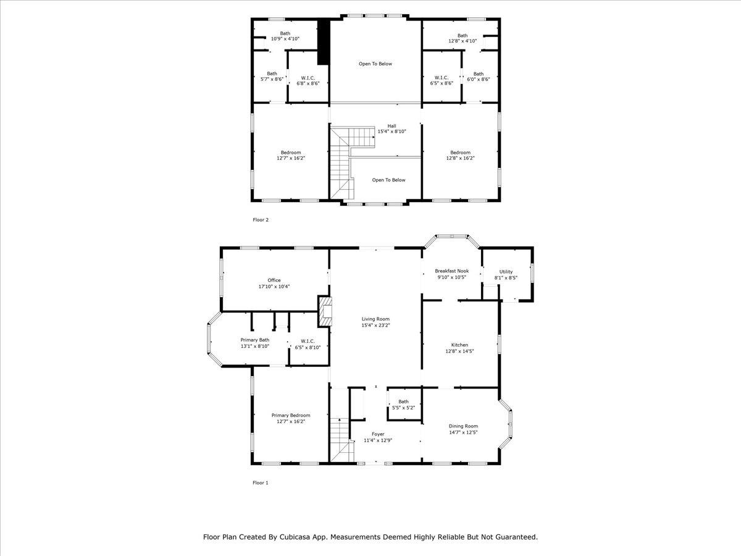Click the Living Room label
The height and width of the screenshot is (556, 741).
point(375,319)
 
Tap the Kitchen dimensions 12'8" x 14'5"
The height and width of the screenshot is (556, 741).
point(459,351)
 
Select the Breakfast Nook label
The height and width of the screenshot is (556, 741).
point(451,271)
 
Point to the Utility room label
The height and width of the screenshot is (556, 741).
point(506,272)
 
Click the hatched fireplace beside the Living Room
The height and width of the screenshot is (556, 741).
point(324,311)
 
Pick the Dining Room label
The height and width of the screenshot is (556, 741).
point(463,426)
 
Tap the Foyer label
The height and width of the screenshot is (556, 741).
point(378,434)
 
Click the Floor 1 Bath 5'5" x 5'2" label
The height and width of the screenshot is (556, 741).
point(403,405)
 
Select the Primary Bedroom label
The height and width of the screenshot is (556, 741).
point(291,415)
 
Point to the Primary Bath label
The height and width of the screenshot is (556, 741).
point(255,340)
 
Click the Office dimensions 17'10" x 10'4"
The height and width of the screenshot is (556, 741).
point(274,287)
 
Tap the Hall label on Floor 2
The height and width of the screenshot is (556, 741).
point(391,126)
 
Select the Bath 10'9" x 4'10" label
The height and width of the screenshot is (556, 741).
point(285,36)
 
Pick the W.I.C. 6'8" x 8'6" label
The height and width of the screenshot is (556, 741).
point(308,81)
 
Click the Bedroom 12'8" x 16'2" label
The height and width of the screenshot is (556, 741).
point(460,155)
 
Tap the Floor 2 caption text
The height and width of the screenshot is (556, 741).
point(261,220)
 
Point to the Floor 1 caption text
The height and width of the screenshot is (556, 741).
point(261,482)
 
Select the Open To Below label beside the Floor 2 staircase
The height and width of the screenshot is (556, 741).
point(388,180)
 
